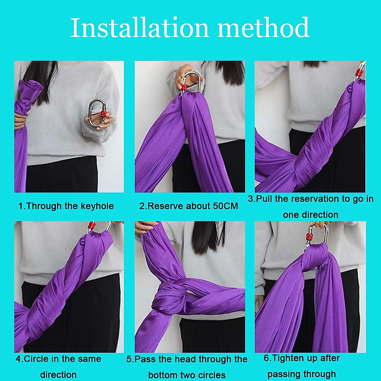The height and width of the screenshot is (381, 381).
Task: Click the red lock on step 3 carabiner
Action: coord(359,73)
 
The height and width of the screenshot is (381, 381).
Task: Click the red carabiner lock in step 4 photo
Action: coord(92,226)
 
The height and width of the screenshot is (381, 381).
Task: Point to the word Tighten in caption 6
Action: coord(288,358)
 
